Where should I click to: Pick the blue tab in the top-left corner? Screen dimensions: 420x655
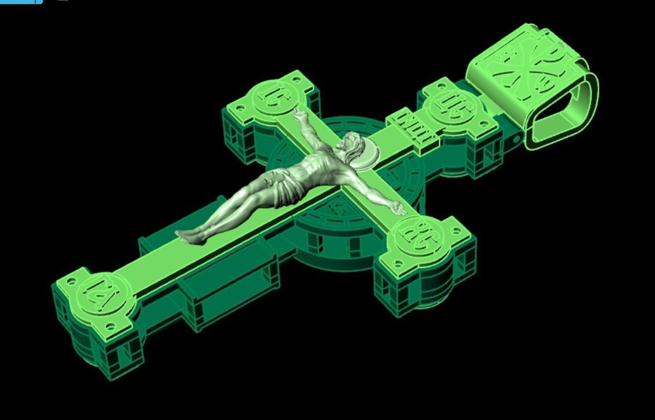[20, 2]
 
